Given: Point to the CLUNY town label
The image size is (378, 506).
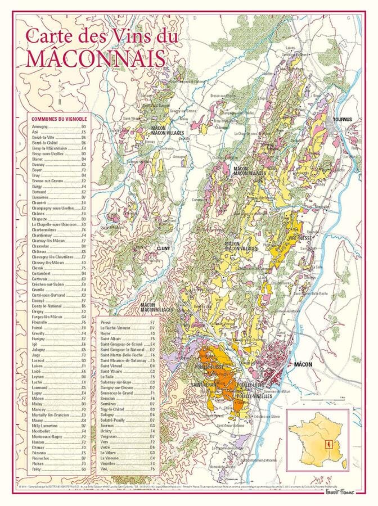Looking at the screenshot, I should pos(163,247).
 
